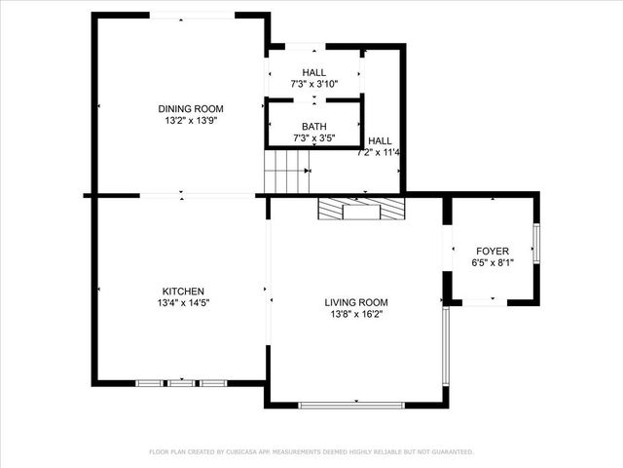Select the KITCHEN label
click(182, 292)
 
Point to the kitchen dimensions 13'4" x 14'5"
click(182, 303)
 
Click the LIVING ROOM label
click(356, 302)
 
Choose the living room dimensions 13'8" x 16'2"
click(356, 314)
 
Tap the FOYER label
click(492, 251)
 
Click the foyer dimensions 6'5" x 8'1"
click(492, 262)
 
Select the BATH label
click(313, 127)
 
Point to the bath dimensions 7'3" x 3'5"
click(313, 138)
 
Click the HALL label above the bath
click(313, 73)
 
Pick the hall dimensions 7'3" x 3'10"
click(313, 85)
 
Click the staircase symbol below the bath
click(287, 173)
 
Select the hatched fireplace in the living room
click(360, 209)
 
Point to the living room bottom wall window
click(351, 405)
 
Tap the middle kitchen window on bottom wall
click(182, 383)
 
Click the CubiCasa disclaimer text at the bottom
click(311, 452)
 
